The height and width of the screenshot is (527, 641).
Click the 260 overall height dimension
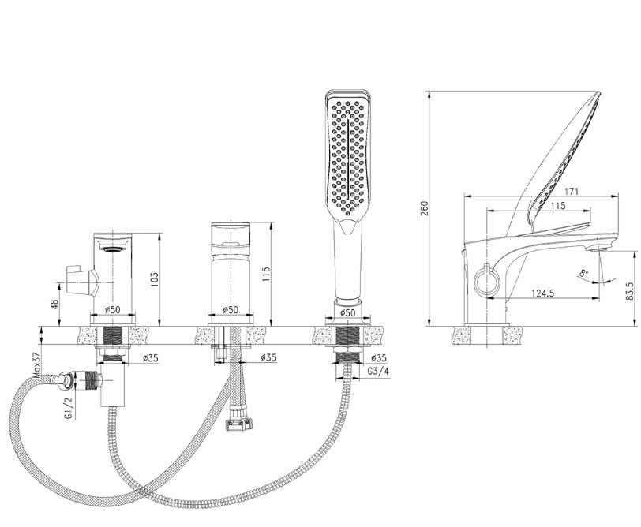click(425, 208)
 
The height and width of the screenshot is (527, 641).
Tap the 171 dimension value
click(572, 191)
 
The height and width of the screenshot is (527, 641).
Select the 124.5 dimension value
click(542, 293)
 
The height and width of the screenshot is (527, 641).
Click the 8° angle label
click(584, 273)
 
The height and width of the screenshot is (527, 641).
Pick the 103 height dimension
click(154, 279)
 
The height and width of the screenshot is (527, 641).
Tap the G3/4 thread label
click(379, 372)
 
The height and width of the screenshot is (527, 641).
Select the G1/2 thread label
click(68, 409)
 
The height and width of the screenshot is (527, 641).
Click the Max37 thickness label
click(38, 365)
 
